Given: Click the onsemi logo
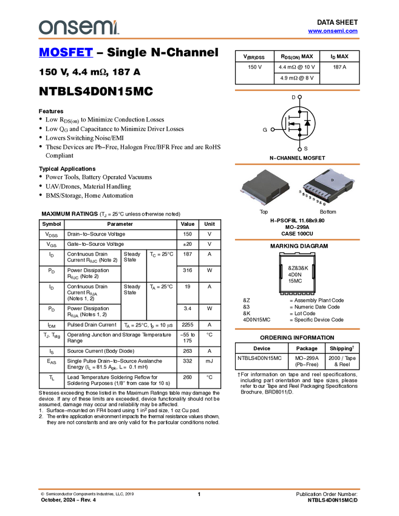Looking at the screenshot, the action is tap(78, 27).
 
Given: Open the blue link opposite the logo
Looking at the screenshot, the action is tap(333, 31).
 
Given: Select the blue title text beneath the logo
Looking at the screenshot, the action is tap(66, 53).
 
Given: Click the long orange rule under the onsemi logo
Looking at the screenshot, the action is tap(199, 39).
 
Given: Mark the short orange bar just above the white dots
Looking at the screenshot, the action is tap(297, 90).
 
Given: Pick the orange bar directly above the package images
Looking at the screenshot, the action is tap(297, 164).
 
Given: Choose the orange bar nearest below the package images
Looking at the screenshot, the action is tap(297, 240).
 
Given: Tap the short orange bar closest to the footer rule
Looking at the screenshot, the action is tap(297, 329).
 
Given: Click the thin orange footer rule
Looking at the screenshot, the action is tap(199, 489).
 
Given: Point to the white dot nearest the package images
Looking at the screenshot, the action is tap(301, 149).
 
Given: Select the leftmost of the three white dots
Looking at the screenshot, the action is tap(273, 129).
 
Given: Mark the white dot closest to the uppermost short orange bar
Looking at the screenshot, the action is tap(301, 97).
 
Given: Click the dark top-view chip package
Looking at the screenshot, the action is tap(265, 185).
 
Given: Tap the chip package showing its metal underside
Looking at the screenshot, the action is tap(326, 185).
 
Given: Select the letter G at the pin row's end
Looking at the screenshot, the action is tap(325, 204).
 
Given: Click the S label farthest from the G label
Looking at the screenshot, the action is tap(300, 192).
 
